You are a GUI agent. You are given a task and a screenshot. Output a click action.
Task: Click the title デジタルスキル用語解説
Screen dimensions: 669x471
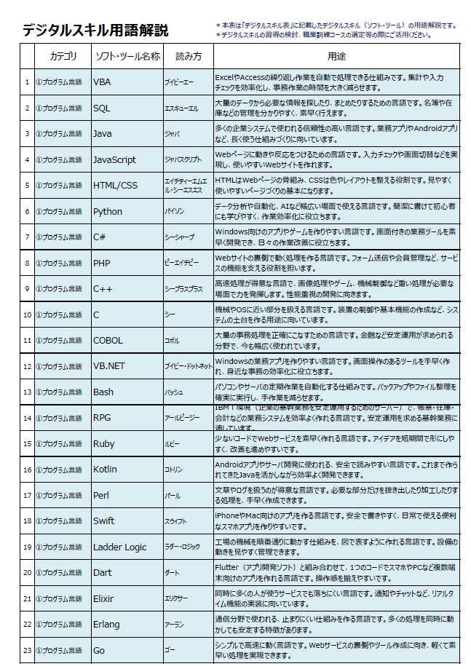click(x=95, y=31)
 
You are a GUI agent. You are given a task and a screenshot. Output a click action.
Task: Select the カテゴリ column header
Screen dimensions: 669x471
click(x=63, y=56)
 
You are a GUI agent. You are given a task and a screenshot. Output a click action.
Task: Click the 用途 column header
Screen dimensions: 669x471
click(x=336, y=56)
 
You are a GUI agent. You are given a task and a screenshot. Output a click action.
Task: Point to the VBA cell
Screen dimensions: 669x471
click(x=102, y=82)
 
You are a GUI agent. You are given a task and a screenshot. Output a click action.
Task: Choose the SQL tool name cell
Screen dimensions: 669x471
click(x=102, y=108)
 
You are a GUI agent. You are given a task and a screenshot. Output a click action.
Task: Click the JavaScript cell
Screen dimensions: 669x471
click(x=114, y=160)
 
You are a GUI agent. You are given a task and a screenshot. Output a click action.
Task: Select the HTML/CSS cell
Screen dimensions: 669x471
click(x=115, y=186)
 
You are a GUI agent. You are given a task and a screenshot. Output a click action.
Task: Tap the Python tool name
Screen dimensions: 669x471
click(x=108, y=212)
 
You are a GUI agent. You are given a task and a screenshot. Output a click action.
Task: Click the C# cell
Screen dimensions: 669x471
click(x=100, y=237)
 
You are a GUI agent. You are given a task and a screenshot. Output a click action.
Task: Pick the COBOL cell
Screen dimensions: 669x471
click(x=108, y=340)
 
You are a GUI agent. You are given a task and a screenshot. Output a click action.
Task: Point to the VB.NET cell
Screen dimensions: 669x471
click(x=109, y=366)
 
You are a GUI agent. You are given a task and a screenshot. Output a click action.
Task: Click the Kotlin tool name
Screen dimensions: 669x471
click(x=105, y=470)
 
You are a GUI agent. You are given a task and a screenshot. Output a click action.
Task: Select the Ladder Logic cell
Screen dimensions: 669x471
click(x=119, y=547)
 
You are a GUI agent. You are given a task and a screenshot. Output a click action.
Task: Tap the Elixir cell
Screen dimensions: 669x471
click(x=104, y=598)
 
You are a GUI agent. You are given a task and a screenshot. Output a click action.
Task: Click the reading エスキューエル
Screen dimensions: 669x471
click(x=181, y=108)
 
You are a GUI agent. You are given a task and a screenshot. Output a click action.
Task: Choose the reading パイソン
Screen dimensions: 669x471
click(x=175, y=212)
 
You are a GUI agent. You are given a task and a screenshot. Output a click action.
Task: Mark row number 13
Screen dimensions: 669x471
click(x=27, y=392)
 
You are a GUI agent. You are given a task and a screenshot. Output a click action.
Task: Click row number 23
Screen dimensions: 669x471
click(x=27, y=650)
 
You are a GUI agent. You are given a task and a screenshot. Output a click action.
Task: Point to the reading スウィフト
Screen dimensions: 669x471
click(x=175, y=521)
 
